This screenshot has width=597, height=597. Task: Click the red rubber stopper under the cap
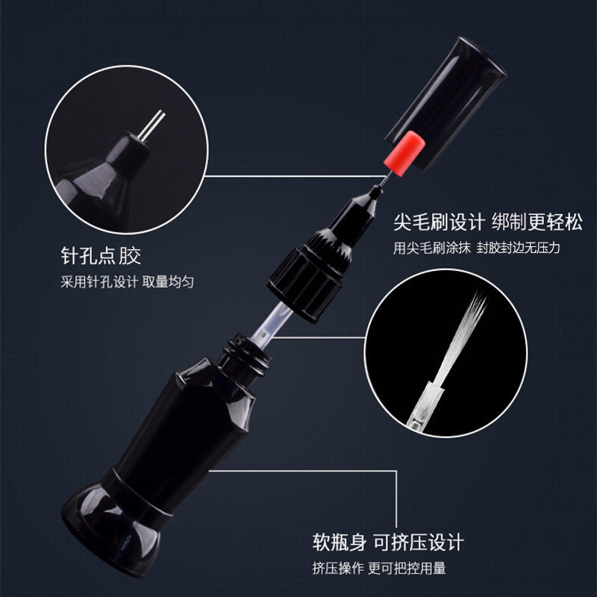pyautogui.click(x=404, y=154)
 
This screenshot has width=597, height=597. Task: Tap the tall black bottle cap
pyautogui.click(x=446, y=103)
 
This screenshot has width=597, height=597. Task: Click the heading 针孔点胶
pyautogui.click(x=101, y=255)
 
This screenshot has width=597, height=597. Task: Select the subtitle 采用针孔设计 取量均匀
pyautogui.click(x=127, y=282)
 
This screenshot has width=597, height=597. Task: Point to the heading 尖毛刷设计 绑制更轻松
pyautogui.click(x=488, y=222)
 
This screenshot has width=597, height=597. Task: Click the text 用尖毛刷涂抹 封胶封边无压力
pyautogui.click(x=477, y=248)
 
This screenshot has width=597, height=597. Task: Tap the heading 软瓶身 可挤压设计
pyautogui.click(x=388, y=543)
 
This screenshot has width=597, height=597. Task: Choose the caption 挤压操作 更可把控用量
pyautogui.click(x=379, y=568)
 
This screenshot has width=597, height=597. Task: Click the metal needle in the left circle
pyautogui.click(x=151, y=125)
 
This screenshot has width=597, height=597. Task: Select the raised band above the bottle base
pyautogui.click(x=137, y=495)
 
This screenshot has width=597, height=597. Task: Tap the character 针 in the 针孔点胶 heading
pyautogui.click(x=71, y=255)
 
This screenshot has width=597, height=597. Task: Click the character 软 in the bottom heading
pyautogui.click(x=322, y=543)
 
